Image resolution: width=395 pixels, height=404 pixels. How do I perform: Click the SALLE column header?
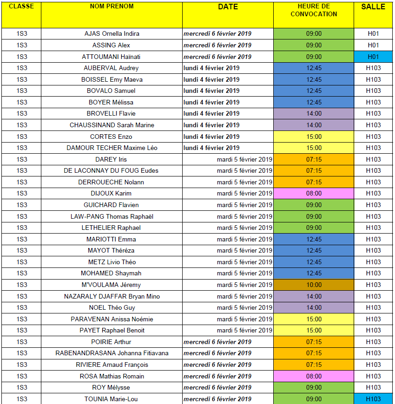coord(373,7)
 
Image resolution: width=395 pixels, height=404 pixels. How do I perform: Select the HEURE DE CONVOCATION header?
coord(314,10)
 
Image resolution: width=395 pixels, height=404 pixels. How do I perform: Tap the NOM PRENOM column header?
coord(112,7)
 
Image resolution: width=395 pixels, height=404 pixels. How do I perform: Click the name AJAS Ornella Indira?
coord(112,34)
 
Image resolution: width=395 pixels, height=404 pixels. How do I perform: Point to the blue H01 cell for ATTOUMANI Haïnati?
coord(373,57)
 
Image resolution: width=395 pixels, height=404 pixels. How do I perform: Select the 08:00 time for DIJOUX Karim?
coord(314,194)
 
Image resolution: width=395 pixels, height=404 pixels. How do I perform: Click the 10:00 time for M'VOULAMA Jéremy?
coord(314,285)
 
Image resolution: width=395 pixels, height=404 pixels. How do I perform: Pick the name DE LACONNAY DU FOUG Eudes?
coord(111,171)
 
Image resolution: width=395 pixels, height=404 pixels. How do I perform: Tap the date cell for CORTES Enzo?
coord(211,137)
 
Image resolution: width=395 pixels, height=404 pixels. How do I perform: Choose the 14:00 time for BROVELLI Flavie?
coord(314,114)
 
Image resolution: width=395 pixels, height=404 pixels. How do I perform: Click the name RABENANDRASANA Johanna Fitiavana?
coord(112,353)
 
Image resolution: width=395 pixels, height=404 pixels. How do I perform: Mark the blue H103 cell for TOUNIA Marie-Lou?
coord(373,399)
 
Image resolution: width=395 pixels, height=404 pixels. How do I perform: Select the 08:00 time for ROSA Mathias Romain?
coord(314,376)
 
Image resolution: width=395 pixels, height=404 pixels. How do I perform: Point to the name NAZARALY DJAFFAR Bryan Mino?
coord(112,296)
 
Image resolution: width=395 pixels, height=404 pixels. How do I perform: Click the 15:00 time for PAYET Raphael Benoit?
coord(314,331)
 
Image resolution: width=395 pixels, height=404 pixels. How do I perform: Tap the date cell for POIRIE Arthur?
coord(217,342)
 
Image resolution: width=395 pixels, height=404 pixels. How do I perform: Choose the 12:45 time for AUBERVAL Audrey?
coord(314,68)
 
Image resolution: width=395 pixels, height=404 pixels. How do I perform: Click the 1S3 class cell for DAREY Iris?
coord(22,159)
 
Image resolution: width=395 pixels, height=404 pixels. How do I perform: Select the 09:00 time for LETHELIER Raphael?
coord(314,228)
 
